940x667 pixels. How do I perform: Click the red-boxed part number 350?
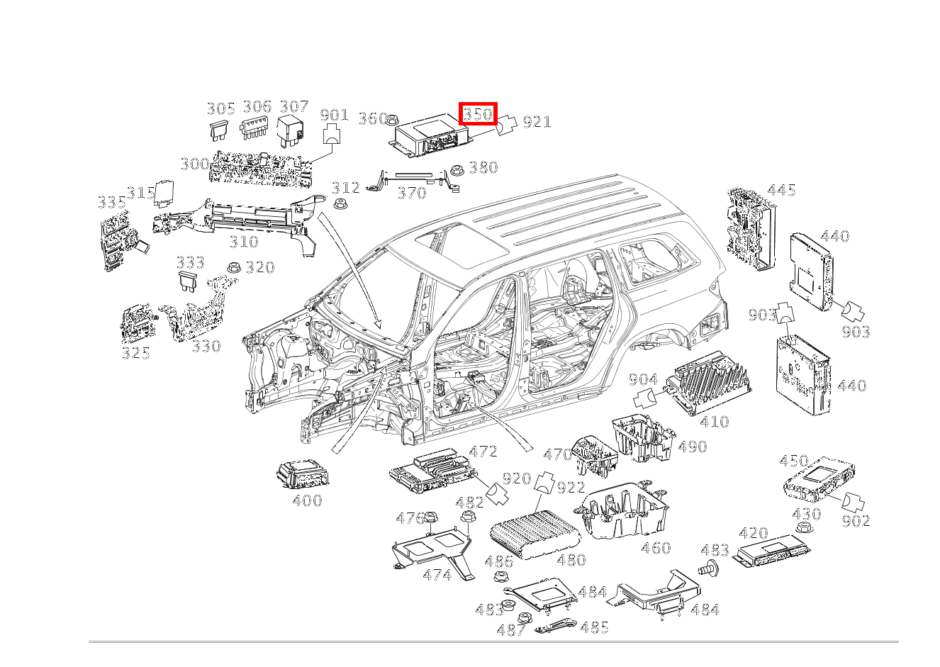[x=478, y=113]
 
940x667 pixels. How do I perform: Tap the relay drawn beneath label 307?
[x=291, y=130]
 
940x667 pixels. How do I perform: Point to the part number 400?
[x=307, y=500]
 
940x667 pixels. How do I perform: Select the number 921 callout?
[x=537, y=122]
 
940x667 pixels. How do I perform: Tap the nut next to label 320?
[x=233, y=268]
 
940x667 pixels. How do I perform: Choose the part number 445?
[x=781, y=190]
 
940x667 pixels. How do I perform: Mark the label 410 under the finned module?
[x=714, y=422]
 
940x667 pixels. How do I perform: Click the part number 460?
[x=656, y=548]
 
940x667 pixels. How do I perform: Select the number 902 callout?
[x=856, y=520]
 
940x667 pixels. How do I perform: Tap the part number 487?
[x=511, y=630]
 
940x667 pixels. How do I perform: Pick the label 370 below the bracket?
[x=412, y=193]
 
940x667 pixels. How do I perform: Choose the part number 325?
[x=135, y=352]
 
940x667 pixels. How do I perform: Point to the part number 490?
[x=692, y=447]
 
